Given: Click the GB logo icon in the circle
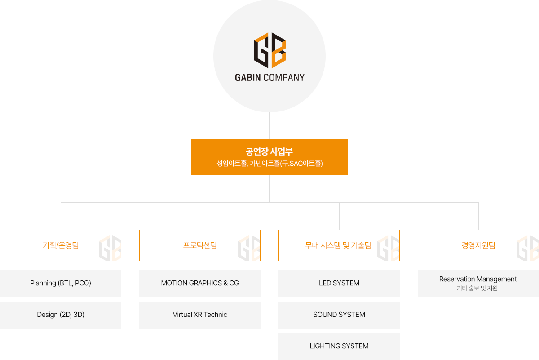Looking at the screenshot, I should point(269,50).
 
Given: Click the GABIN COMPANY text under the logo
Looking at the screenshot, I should point(269,77).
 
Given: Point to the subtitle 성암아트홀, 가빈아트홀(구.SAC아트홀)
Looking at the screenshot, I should point(269,164).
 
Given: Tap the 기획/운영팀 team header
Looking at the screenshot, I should point(61,245).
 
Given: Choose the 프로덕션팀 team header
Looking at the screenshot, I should point(200,245).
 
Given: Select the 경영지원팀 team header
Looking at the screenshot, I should point(478,245).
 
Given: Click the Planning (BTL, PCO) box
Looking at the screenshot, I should point(61,283).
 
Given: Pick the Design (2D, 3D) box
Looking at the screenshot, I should point(61,315).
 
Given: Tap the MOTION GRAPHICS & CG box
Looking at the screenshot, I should point(200,283).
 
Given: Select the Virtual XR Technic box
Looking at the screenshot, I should point(200,315).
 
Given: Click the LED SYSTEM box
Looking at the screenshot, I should point(339,283).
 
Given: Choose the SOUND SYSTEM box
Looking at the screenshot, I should point(339,315).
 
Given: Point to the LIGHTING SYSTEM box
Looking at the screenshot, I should point(339,346).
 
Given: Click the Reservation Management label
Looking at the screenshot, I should point(478,279).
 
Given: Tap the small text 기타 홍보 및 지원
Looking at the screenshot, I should point(477,288).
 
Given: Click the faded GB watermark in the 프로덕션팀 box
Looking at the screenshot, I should point(249,248).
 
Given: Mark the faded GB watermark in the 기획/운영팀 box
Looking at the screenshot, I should point(110,248).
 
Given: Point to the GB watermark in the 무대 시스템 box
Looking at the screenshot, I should point(388,248).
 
